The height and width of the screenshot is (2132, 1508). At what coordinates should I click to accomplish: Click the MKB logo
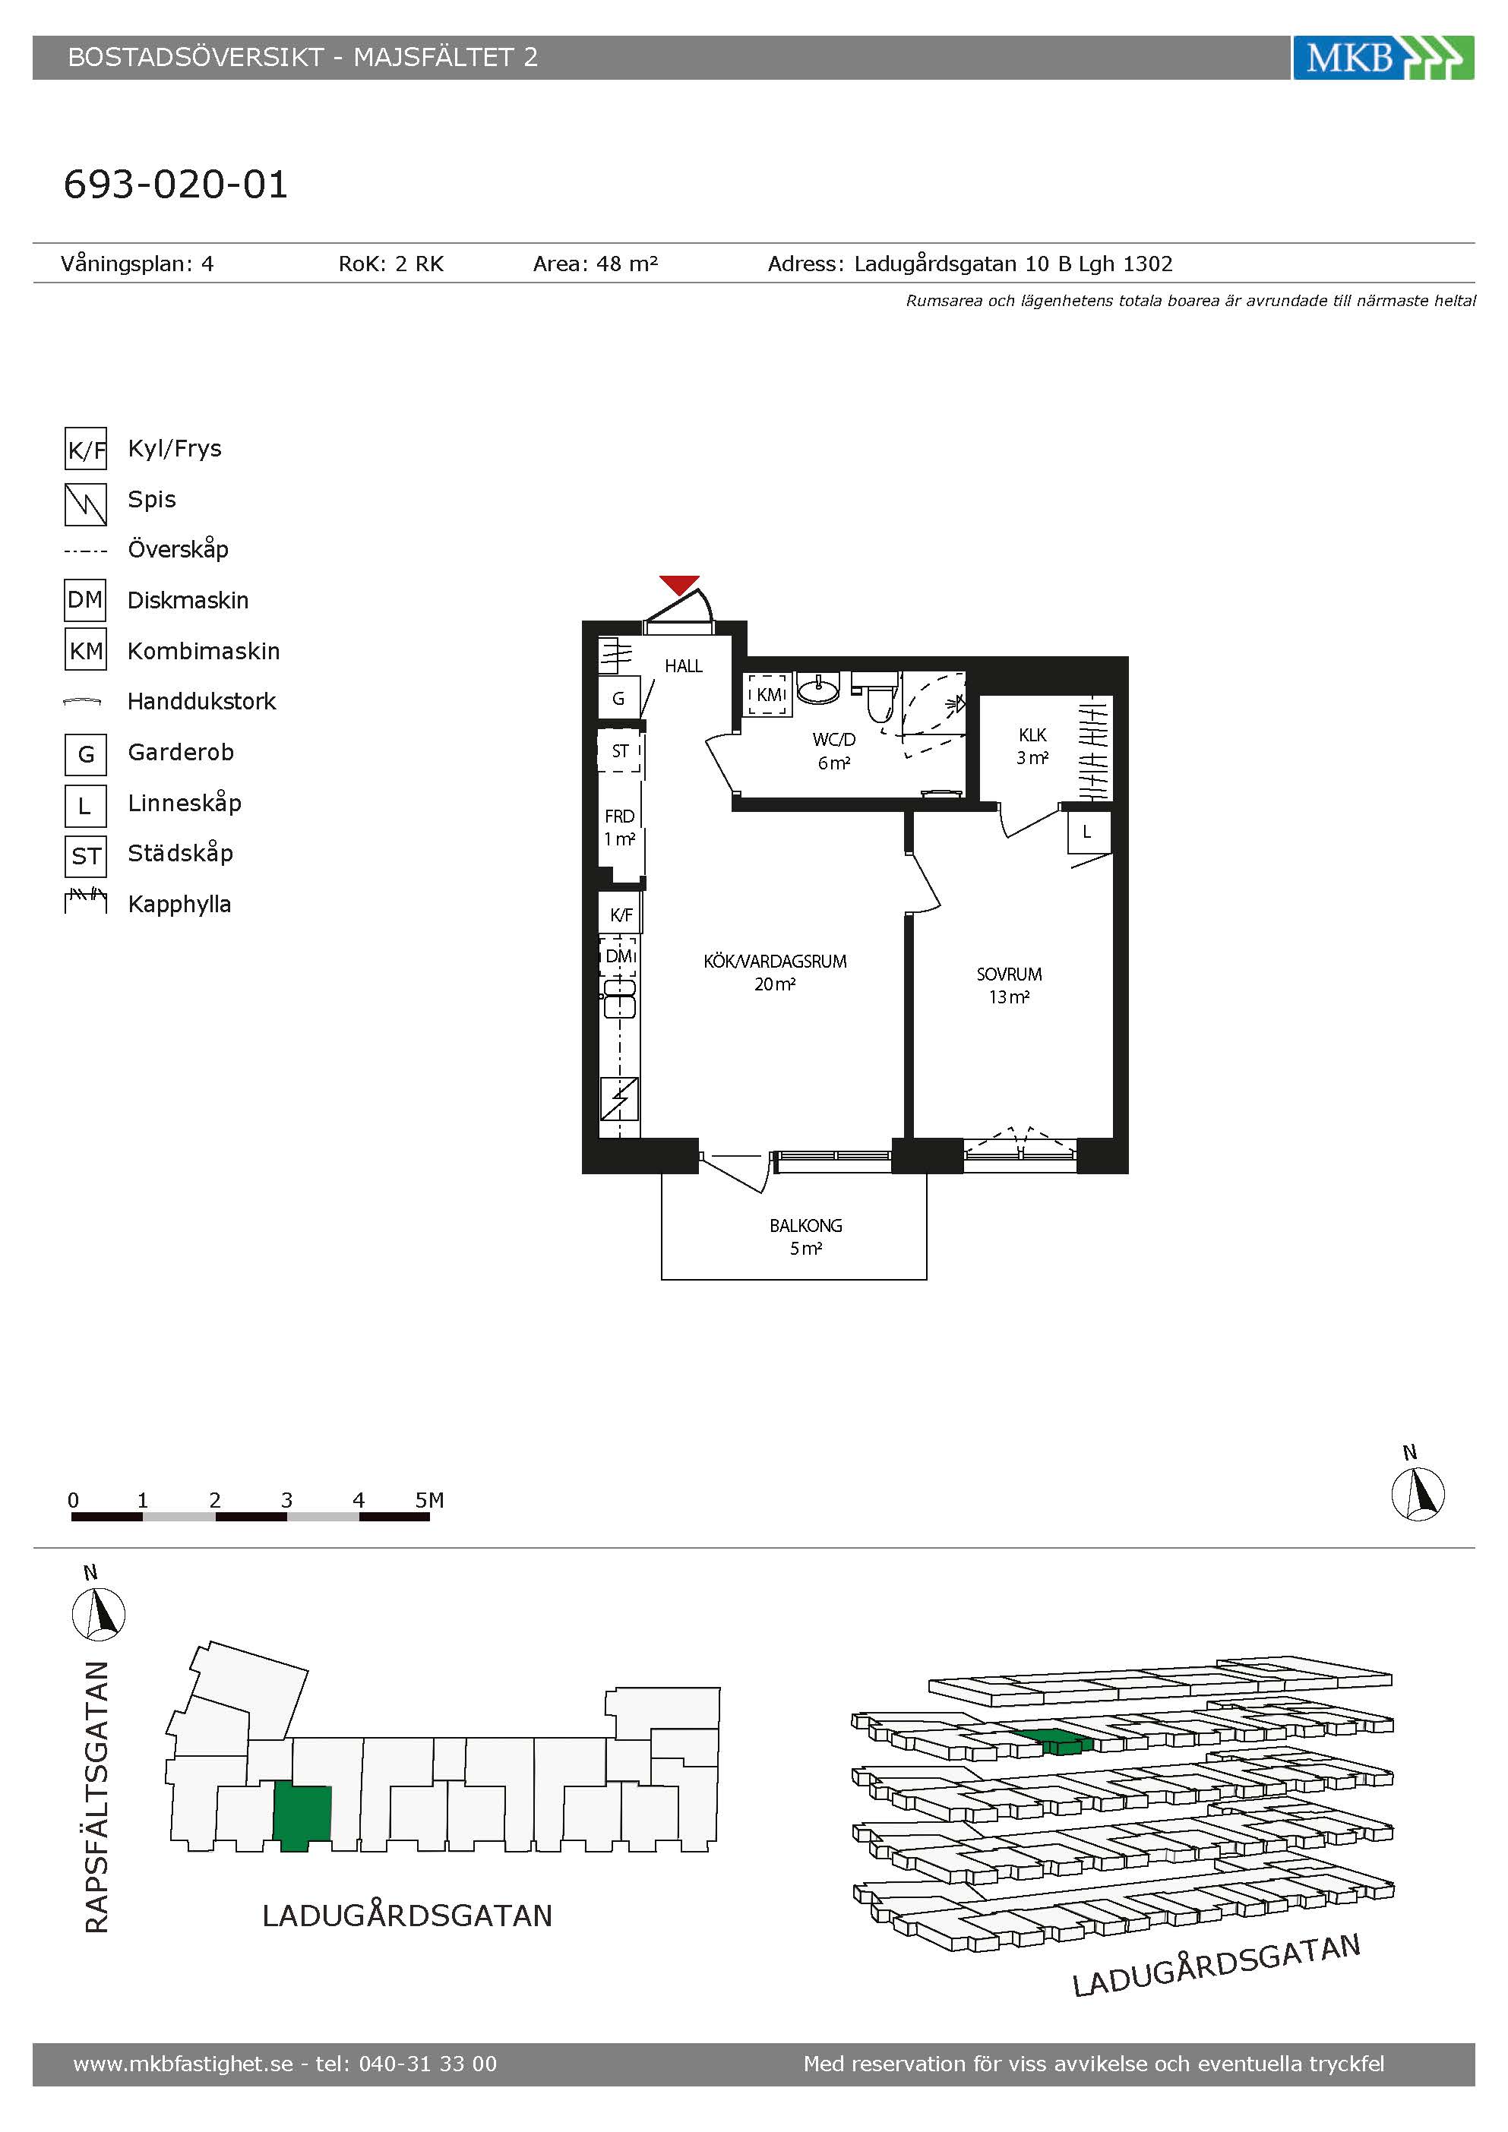click(x=1383, y=58)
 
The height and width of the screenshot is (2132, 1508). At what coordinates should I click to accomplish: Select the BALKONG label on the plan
click(x=805, y=1226)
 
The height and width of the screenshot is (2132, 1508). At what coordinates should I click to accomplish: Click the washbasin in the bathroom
click(x=818, y=688)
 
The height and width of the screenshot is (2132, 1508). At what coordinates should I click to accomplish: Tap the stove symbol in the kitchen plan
click(x=619, y=1098)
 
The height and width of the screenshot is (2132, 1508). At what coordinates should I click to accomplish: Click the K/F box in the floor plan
click(x=620, y=914)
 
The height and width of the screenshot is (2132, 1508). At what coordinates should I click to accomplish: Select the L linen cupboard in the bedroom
click(x=1086, y=832)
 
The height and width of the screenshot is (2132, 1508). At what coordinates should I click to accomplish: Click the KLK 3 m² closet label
click(x=1032, y=746)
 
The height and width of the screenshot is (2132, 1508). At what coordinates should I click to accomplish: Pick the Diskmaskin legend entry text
click(x=188, y=600)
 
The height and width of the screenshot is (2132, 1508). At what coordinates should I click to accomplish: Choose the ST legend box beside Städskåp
click(x=85, y=855)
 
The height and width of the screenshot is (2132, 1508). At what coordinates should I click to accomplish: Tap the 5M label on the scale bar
click(x=429, y=1499)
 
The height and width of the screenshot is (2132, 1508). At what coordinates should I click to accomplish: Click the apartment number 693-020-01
click(x=175, y=184)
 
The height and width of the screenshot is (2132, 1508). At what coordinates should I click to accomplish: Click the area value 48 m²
click(x=627, y=264)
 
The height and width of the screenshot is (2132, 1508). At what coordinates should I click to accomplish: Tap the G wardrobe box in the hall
click(x=618, y=698)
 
